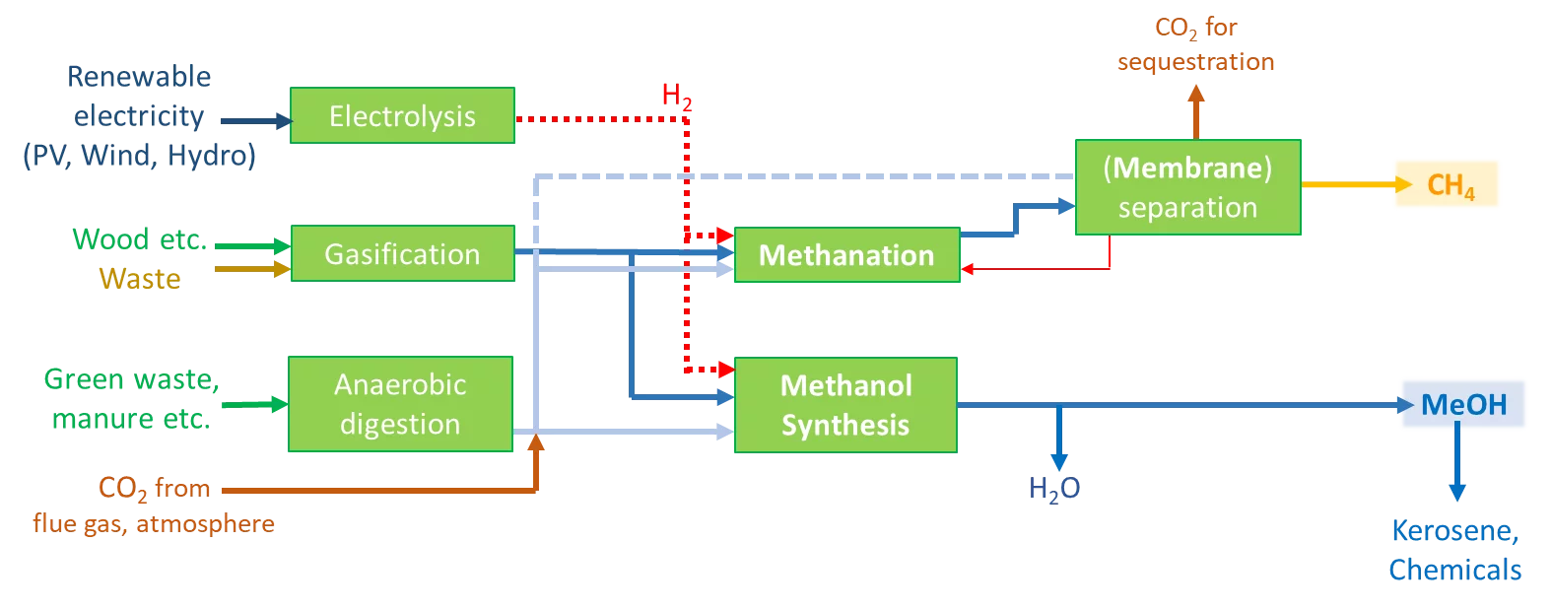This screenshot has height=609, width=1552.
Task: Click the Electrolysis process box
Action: [402, 116]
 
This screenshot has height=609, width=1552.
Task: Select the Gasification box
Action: [402, 254]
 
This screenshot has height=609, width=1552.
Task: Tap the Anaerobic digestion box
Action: [400, 404]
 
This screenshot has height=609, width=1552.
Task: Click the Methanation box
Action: [846, 255]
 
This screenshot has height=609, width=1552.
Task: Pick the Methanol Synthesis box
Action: [845, 405]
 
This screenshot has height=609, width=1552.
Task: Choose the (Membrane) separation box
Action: [1187, 187]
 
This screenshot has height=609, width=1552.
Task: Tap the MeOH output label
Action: [1463, 404]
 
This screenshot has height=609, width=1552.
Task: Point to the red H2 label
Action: [676, 96]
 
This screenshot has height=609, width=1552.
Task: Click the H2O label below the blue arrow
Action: [1053, 489]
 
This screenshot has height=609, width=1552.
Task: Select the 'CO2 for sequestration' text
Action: [1195, 44]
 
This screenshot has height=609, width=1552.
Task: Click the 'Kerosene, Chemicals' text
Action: [1454, 550]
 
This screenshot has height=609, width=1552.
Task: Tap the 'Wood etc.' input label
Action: [139, 239]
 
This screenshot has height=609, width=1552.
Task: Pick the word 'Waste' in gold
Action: [140, 279]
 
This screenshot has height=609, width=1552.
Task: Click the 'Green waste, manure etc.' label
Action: [131, 399]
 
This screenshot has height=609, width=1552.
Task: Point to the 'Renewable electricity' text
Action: [139, 97]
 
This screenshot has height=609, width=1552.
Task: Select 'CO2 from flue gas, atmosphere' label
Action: [154, 505]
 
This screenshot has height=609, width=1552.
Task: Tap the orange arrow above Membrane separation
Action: [1196, 110]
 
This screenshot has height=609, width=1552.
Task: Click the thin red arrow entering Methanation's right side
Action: [1035, 268]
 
